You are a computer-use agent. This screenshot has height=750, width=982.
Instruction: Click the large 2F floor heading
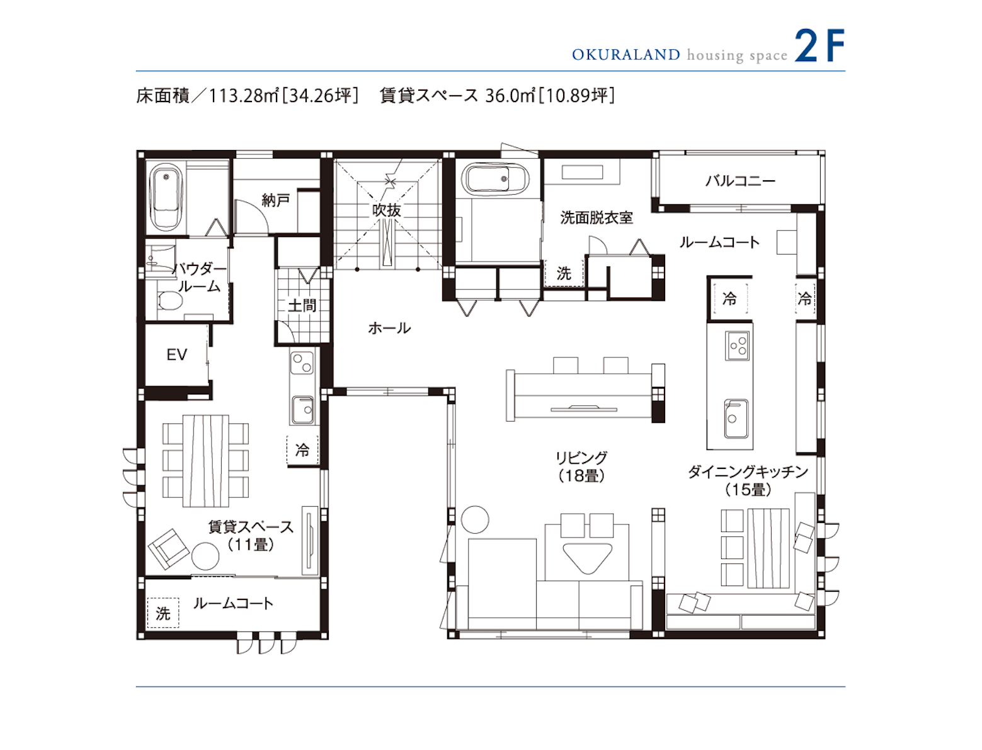[x=819, y=45]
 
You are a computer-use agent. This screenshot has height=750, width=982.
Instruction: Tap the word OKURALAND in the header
[x=626, y=55]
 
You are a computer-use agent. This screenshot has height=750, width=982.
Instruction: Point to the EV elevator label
[x=177, y=355]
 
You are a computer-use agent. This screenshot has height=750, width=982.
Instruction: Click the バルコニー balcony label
[x=740, y=182]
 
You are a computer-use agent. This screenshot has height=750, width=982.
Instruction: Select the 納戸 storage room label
[x=276, y=200]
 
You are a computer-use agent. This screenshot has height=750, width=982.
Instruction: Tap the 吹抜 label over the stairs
[x=387, y=211]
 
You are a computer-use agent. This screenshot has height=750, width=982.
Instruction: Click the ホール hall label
[x=389, y=328]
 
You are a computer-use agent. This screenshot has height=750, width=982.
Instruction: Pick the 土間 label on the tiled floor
[x=302, y=306]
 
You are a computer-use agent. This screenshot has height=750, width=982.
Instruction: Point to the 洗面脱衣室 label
[x=597, y=218]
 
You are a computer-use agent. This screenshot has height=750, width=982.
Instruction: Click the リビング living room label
[x=581, y=458]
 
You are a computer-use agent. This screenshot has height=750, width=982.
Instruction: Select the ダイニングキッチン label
[x=748, y=471]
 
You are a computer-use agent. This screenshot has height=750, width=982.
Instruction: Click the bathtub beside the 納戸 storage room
[x=166, y=197]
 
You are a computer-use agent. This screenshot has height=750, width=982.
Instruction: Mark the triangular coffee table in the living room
[x=587, y=557]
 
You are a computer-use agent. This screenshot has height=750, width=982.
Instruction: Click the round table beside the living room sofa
[x=475, y=519]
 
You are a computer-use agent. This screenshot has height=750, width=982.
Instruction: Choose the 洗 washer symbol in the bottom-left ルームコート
[x=163, y=613]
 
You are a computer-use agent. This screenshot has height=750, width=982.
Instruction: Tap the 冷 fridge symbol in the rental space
[x=302, y=450]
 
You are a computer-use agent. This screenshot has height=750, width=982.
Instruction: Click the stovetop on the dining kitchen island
[x=737, y=346]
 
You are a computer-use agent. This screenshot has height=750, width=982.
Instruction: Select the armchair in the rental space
[x=168, y=549]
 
